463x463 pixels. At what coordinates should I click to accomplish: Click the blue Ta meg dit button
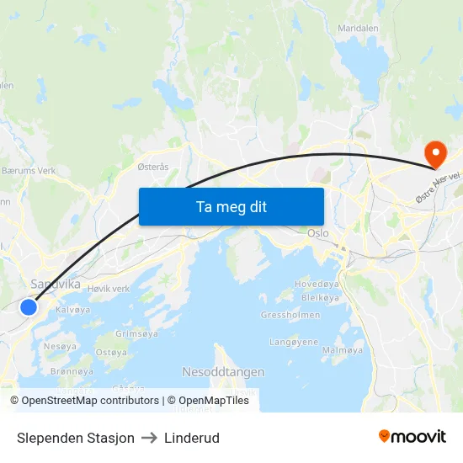click(x=231, y=206)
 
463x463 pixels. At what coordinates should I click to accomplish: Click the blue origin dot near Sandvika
click(x=29, y=307)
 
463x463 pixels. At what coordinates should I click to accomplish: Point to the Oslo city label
click(x=318, y=233)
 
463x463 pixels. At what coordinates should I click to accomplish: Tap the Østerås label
click(x=153, y=167)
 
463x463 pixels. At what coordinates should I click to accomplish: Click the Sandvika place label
click(x=56, y=285)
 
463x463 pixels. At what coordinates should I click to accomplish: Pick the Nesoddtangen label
click(x=223, y=371)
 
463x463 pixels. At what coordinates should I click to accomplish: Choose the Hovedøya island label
click(x=317, y=285)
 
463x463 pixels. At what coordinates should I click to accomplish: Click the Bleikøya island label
click(x=319, y=297)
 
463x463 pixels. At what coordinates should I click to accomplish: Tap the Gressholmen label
click(x=290, y=316)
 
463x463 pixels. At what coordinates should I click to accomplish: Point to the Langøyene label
click(x=294, y=342)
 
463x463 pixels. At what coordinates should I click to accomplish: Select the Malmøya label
click(x=343, y=349)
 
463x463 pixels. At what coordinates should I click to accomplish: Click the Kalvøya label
click(x=73, y=310)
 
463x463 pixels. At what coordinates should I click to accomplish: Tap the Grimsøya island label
click(x=136, y=334)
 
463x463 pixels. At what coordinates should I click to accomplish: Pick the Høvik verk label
click(x=109, y=289)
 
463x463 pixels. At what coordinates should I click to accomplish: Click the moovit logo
click(x=412, y=437)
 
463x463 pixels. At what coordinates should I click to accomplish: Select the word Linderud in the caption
click(x=192, y=438)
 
